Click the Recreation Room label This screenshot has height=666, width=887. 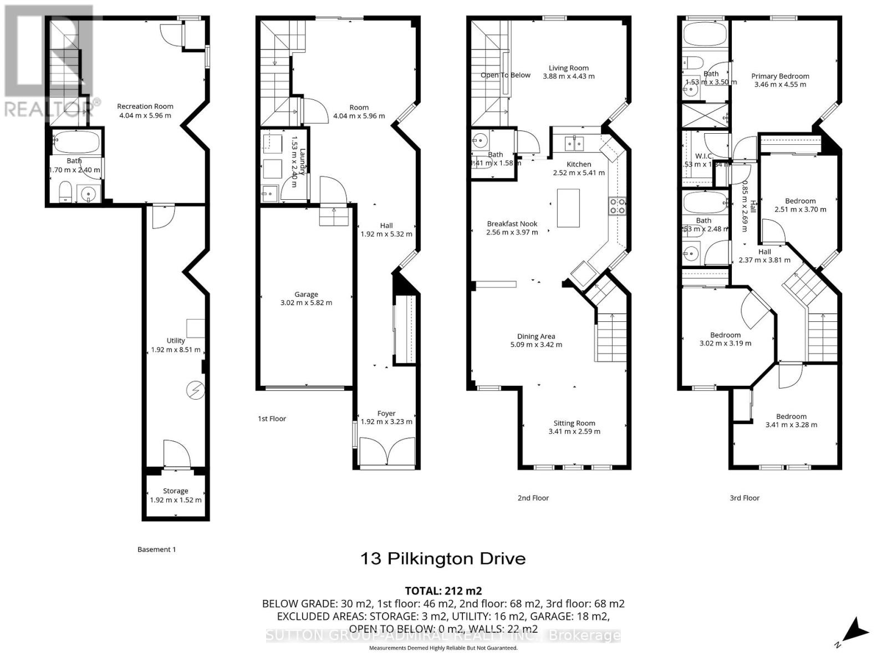[x=145, y=106]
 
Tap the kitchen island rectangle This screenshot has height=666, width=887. [x=568, y=208]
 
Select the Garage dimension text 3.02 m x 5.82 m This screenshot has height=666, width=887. [x=306, y=303]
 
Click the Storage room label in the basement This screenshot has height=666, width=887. [x=175, y=491]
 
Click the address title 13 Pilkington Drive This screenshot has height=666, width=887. [x=443, y=558]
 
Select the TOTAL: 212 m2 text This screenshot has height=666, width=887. [x=443, y=591]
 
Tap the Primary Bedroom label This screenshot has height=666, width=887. [x=780, y=76]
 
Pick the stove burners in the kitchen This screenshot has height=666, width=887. [x=618, y=206]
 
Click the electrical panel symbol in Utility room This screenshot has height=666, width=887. [x=195, y=391]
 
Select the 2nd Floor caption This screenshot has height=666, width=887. [x=533, y=498]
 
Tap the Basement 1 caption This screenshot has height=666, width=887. [x=156, y=549]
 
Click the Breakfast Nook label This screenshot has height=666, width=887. [x=512, y=224]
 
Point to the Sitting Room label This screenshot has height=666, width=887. [x=574, y=423]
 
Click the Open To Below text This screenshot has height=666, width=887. [x=505, y=75]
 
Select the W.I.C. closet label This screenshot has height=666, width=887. [x=704, y=156]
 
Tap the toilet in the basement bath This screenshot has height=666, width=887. [x=65, y=191]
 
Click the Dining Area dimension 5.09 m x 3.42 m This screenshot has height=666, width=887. [x=536, y=345]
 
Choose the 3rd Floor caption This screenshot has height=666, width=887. [x=744, y=498]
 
